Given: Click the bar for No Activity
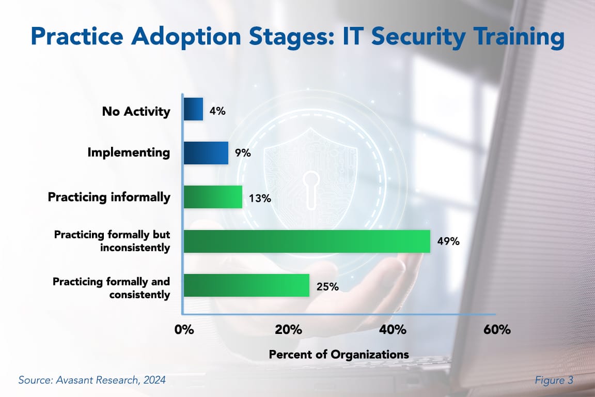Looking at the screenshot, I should (194, 109).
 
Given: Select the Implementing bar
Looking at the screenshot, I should (206, 153).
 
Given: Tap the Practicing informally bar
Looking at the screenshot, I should (213, 197).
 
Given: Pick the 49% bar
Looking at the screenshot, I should (307, 241).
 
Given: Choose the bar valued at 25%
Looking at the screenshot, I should (246, 285).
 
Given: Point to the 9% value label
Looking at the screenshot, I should (242, 154).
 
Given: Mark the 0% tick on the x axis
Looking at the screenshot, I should (184, 330).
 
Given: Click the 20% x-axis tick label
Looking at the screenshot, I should (288, 330).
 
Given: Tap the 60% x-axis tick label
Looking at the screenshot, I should (497, 330).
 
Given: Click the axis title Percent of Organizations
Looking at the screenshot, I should (339, 355).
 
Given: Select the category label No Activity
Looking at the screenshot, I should (136, 111).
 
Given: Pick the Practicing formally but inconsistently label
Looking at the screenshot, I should (112, 241).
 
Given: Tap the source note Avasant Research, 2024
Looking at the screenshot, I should (92, 380).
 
